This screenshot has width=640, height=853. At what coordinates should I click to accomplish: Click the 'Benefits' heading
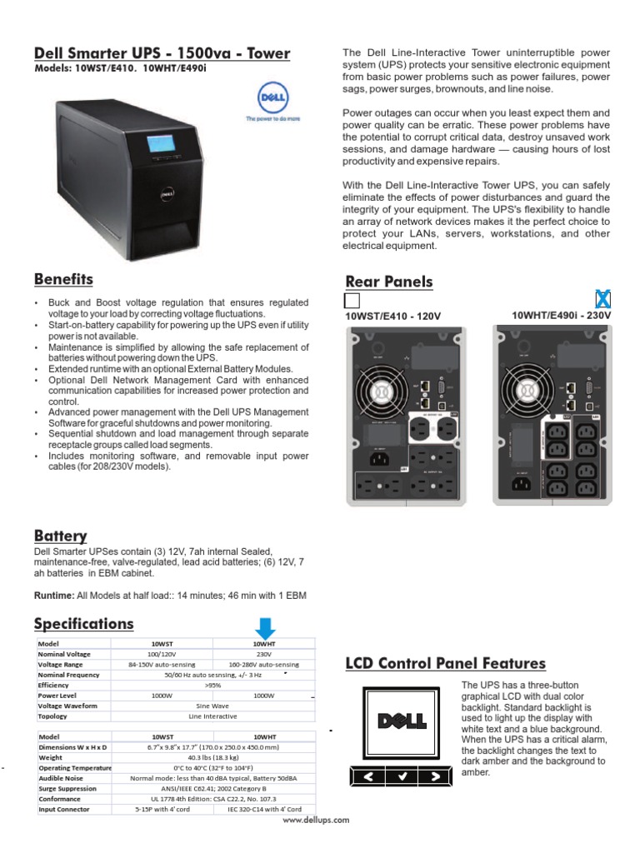coord(63,279)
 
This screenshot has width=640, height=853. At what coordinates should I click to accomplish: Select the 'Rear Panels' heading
coord(389,282)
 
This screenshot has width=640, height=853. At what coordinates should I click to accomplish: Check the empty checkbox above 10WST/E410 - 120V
coord(352,300)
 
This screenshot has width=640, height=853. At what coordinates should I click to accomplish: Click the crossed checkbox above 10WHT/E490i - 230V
coord(603,299)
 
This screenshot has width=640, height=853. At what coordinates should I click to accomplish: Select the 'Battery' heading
coord(60,536)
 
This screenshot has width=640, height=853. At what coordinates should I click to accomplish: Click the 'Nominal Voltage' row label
coord(65,654)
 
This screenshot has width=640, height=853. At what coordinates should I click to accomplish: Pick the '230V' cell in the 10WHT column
coord(264,654)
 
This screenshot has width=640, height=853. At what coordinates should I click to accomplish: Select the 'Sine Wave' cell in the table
coord(212,706)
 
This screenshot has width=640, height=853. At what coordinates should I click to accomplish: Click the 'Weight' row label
coord(51,758)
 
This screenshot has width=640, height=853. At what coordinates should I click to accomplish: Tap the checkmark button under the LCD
coord(402,776)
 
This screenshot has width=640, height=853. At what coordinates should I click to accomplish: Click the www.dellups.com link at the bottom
coord(316,820)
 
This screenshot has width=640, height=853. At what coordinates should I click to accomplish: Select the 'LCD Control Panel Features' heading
coord(446,664)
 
